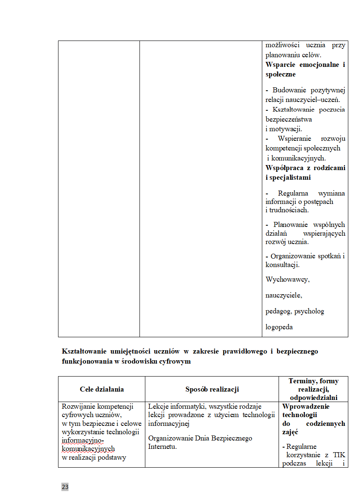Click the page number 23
(x=65, y=487)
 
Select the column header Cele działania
(x=101, y=389)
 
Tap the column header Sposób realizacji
(x=212, y=389)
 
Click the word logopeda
(x=279, y=327)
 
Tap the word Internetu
(x=162, y=446)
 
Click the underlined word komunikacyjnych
(x=88, y=448)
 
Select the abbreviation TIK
(x=339, y=455)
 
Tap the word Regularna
(x=293, y=193)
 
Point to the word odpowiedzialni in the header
(x=313, y=397)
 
